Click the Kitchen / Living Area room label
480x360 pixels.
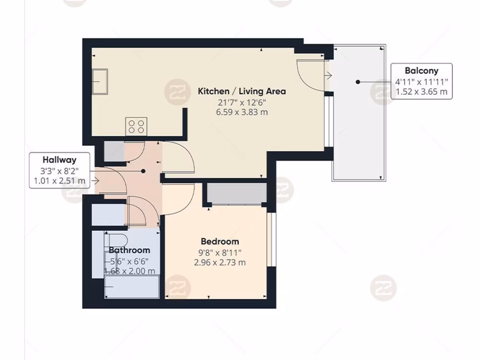(241, 91)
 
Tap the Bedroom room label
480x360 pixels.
(219, 241)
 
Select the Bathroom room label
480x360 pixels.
(129, 250)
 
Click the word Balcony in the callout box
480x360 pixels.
(421, 71)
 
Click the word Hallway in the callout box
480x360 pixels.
(59, 160)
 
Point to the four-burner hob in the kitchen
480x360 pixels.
(136, 127)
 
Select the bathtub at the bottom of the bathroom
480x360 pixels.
(131, 286)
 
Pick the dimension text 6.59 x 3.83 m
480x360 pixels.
(241, 112)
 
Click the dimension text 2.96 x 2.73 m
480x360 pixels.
(219, 262)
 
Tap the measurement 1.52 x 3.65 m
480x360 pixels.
(421, 91)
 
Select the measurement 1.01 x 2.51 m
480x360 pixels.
(59, 180)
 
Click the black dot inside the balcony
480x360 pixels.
(358, 82)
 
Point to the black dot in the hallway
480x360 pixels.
(144, 172)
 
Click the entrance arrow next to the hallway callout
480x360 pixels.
(96, 180)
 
